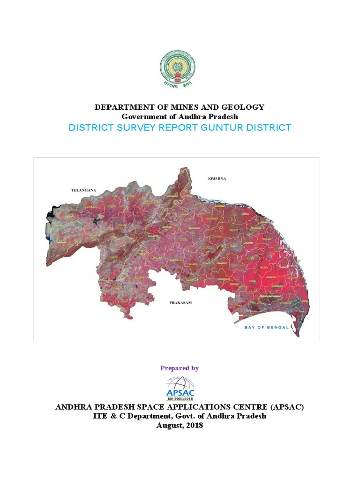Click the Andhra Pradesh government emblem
[180, 68]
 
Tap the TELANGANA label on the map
[83, 190]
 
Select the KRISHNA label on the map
[217, 179]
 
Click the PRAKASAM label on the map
[181, 303]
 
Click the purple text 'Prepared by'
[180, 368]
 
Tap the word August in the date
[169, 426]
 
